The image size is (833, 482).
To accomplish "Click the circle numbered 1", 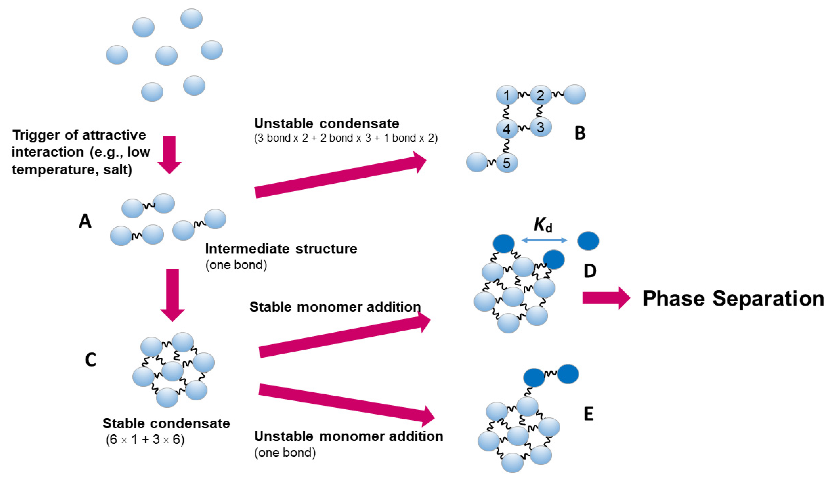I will click(x=506, y=96).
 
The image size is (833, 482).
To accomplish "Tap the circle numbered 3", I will click(x=541, y=127).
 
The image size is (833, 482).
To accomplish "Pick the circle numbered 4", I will click(x=506, y=129).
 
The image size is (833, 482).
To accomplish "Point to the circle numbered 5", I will click(x=506, y=163).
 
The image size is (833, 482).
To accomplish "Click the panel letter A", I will click(x=85, y=221).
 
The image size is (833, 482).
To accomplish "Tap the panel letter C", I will click(x=90, y=360).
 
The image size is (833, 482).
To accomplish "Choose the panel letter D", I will click(x=590, y=271).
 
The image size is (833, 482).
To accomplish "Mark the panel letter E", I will click(x=588, y=414).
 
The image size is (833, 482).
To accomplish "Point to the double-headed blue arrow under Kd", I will click(x=544, y=240).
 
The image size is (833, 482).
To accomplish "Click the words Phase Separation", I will click(x=733, y=299).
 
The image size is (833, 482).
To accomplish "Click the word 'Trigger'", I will click(x=34, y=135).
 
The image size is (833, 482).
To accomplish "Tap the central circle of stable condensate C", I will click(x=173, y=371).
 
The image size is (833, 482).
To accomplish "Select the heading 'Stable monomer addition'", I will click(x=335, y=307).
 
